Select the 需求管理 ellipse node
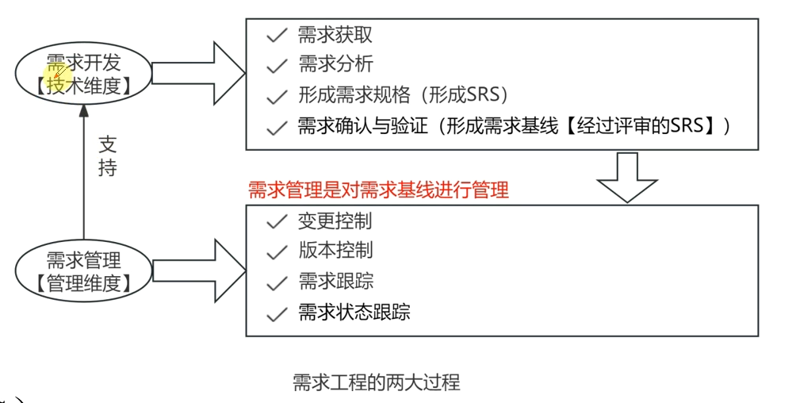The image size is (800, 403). coord(83,271)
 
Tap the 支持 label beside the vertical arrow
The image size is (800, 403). coord(107,156)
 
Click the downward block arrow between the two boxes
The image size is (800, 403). coord(626,176)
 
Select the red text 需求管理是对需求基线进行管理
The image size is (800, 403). coord(378,190)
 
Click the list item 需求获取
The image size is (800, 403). coord(335,35)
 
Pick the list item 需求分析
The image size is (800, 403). coord(335,64)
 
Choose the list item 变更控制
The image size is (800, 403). coord(335,221)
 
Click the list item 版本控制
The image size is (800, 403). coord(335,251)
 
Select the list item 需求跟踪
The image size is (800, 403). coord(335,281)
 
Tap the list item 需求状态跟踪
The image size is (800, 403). coord(354,312)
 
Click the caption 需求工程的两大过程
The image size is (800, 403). coord(377,382)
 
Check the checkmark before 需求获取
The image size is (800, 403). coord(276,36)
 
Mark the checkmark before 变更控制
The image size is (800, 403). coord(276,222)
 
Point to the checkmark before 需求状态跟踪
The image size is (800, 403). coord(276,313)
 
